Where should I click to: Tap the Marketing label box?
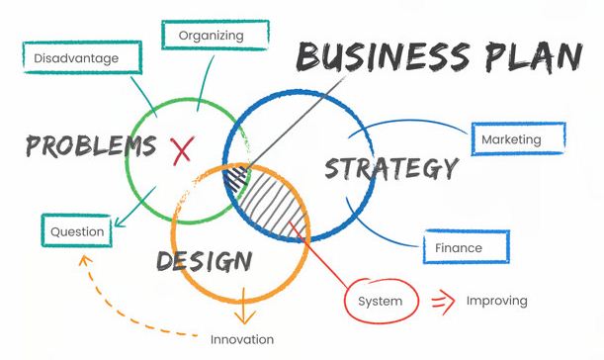click(518, 139)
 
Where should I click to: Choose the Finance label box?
click(466, 248)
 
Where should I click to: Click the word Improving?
click(496, 301)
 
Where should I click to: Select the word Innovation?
click(242, 339)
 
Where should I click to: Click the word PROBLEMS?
click(91, 146)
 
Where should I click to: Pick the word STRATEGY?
click(391, 168)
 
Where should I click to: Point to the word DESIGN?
click(204, 261)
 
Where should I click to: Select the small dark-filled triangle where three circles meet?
click(235, 180)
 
